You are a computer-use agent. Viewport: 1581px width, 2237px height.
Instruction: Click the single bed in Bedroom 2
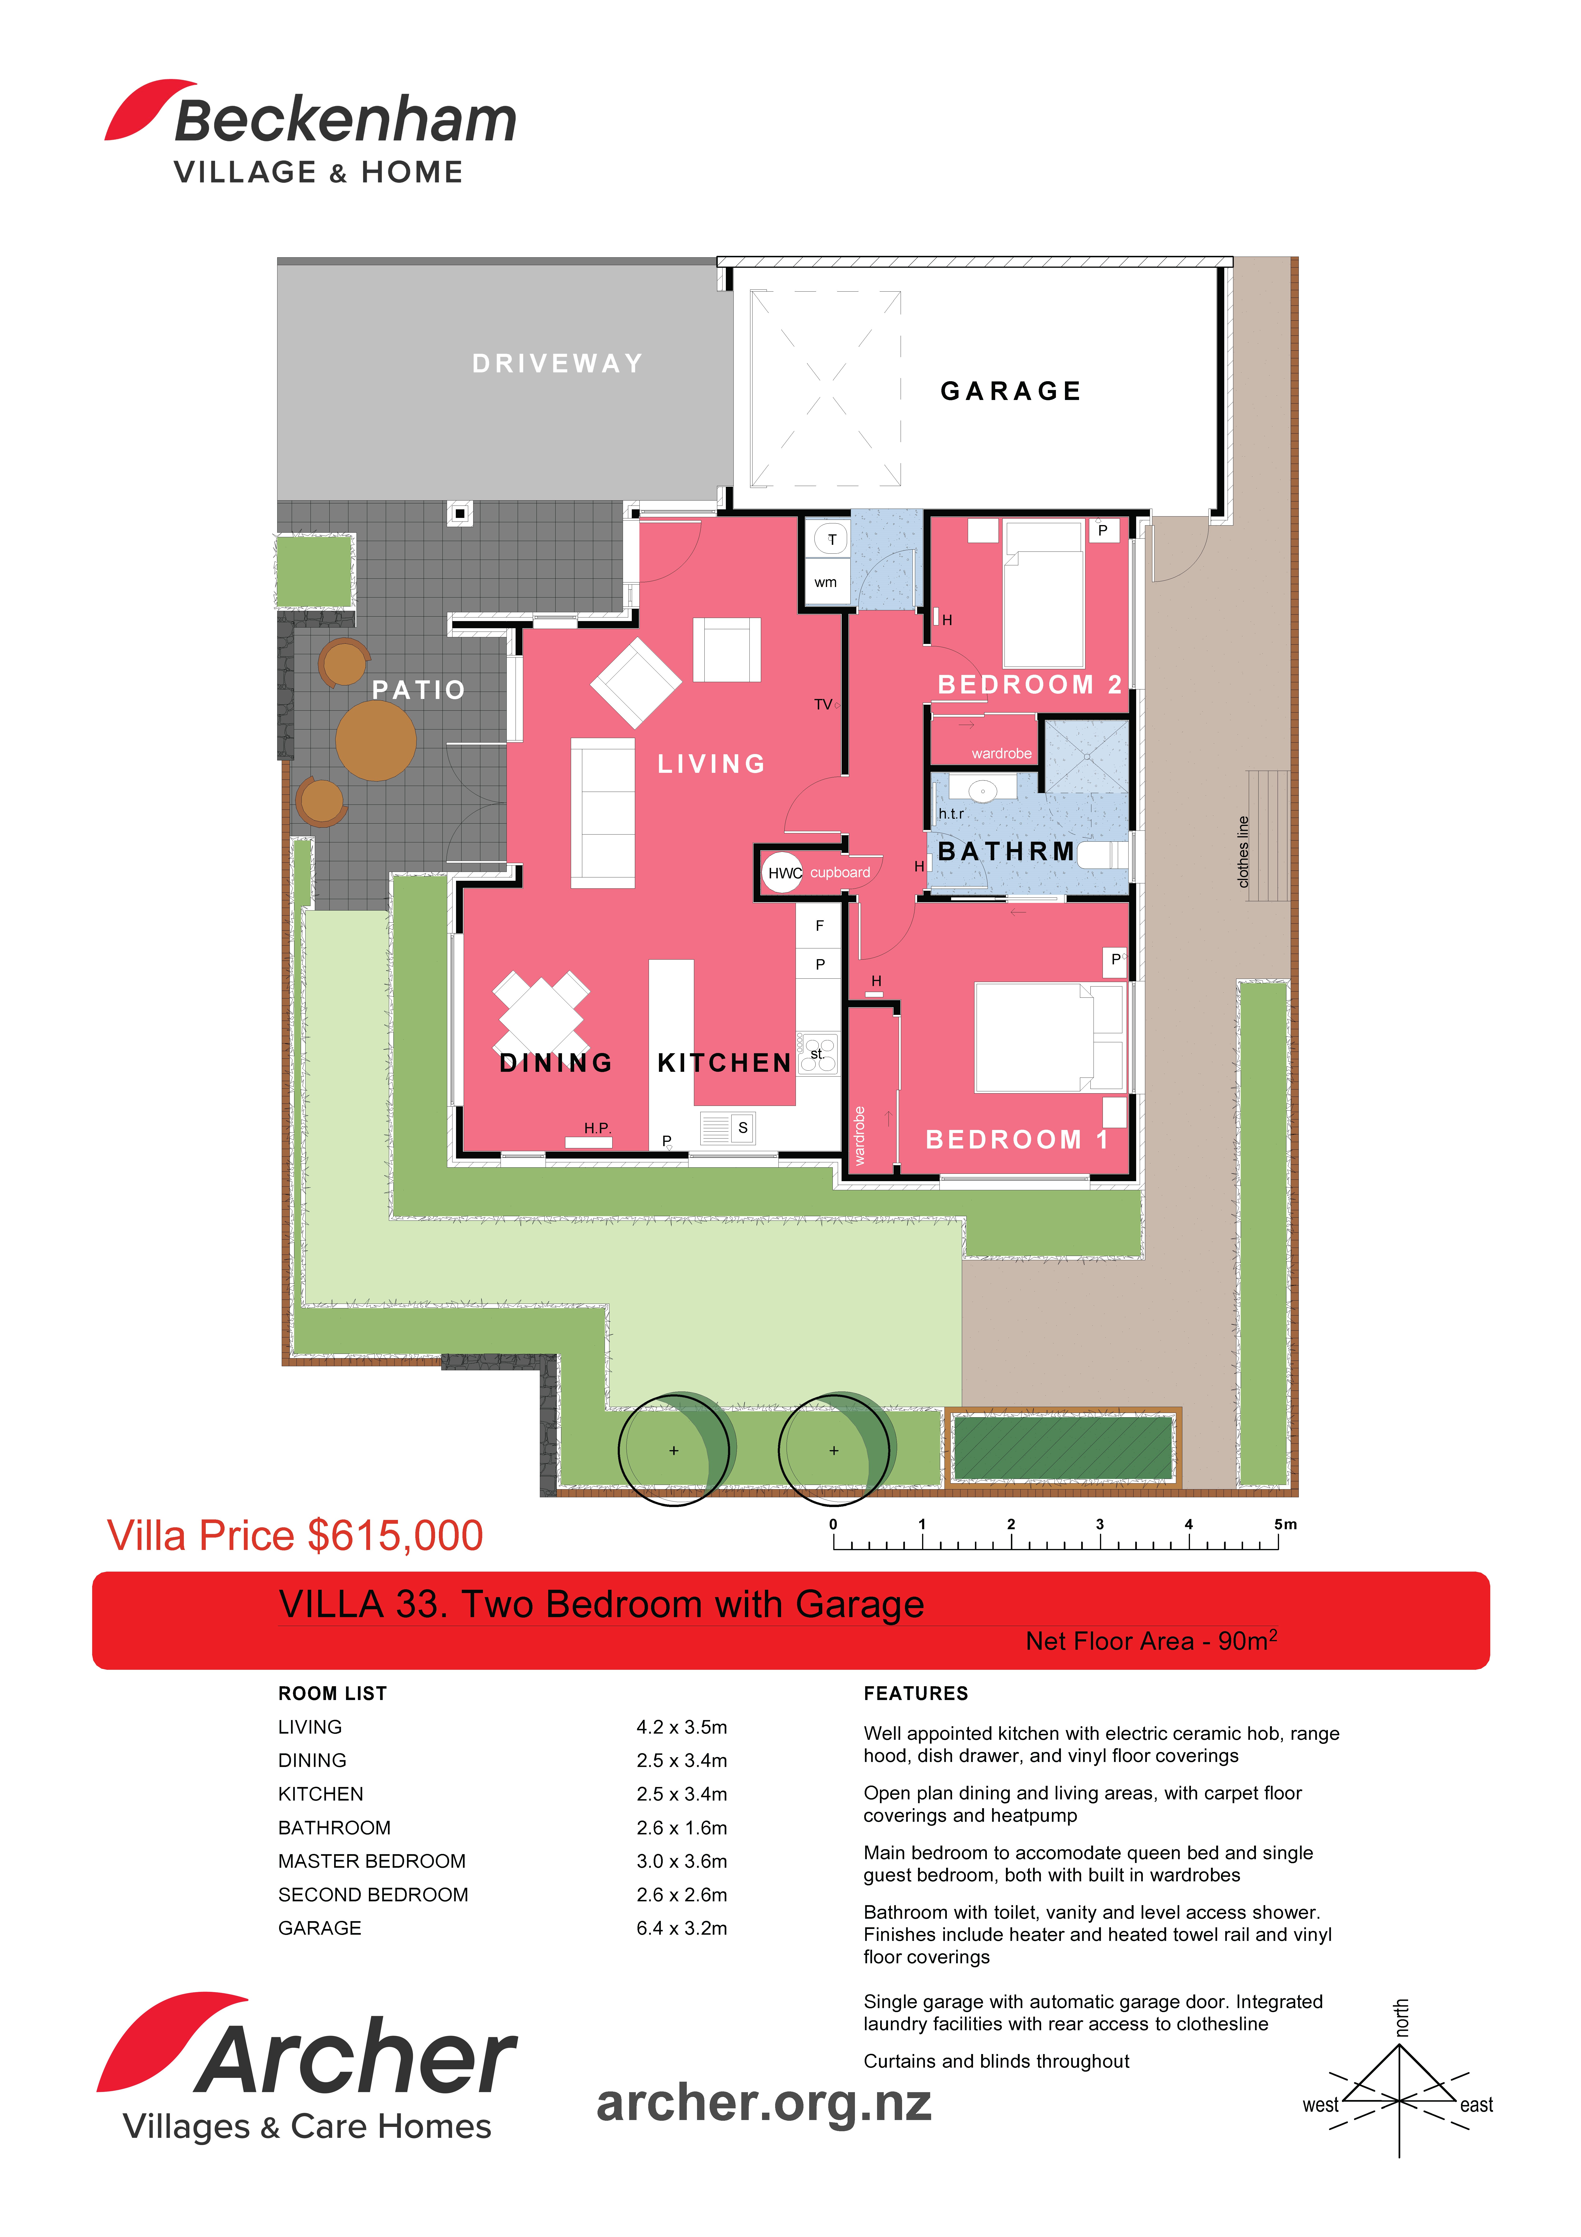tap(1043, 594)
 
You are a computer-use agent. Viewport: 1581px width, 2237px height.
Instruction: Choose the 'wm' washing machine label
tap(825, 583)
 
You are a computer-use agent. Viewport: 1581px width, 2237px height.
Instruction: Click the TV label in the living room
tap(823, 704)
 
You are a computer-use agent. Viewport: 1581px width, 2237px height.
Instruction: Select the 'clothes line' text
tap(1243, 851)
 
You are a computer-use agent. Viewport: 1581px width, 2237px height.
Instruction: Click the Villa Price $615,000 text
tap(295, 1535)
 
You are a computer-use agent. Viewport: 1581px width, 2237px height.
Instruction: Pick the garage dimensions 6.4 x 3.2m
tap(682, 1928)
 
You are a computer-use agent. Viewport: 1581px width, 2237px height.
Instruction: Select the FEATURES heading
tap(916, 1693)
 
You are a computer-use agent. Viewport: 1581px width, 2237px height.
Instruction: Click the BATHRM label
tap(1006, 851)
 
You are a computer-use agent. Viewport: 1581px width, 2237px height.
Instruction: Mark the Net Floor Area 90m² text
tap(1151, 1641)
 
